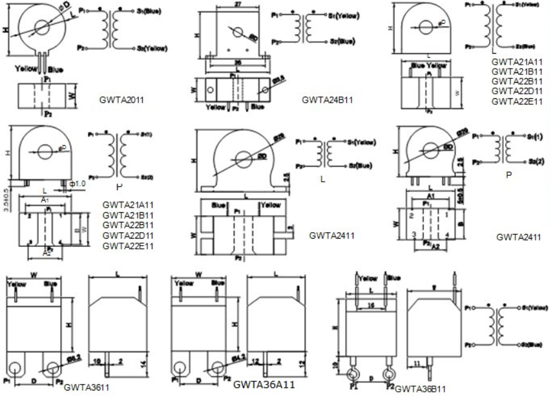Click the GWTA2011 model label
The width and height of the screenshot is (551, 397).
[121, 101]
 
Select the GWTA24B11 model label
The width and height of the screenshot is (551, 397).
[326, 100]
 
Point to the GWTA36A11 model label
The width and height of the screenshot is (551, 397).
[265, 385]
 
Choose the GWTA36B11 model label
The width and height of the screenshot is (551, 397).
[420, 389]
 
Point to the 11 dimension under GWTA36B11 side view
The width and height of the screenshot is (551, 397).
[418, 364]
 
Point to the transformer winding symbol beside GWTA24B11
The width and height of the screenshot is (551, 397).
[300, 27]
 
